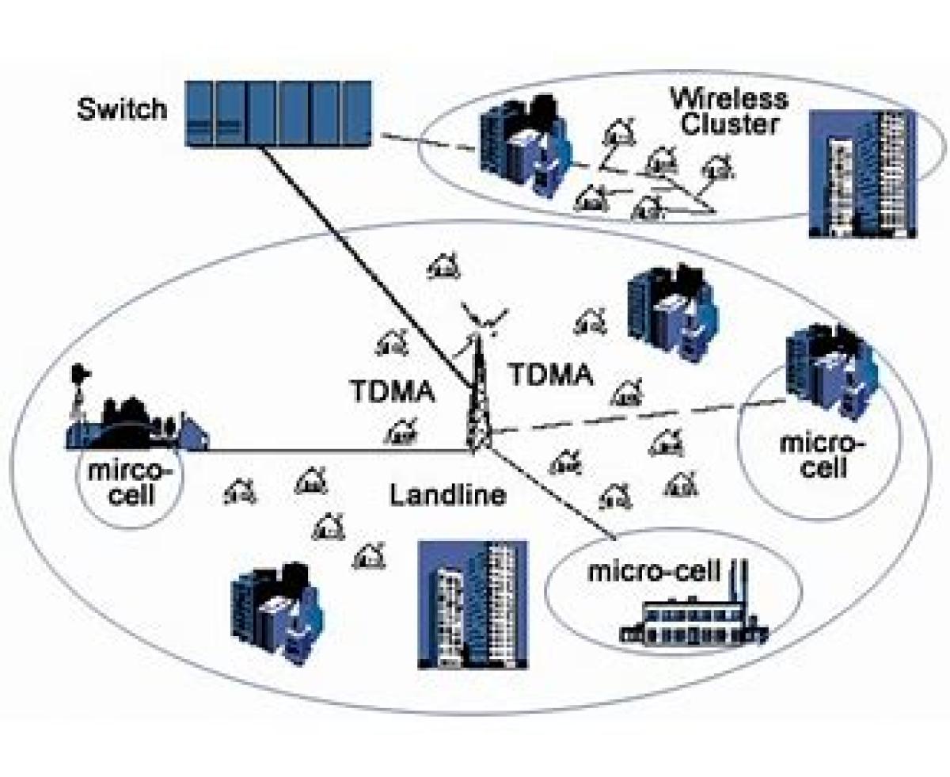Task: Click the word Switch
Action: click(122, 109)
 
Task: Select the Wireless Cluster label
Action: click(729, 111)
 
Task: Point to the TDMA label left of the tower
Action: click(393, 390)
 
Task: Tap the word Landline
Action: click(447, 496)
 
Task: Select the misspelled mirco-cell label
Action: click(129, 482)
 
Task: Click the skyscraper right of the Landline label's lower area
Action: click(472, 605)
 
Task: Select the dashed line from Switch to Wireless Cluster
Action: click(427, 143)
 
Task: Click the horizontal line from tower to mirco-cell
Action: click(332, 451)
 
